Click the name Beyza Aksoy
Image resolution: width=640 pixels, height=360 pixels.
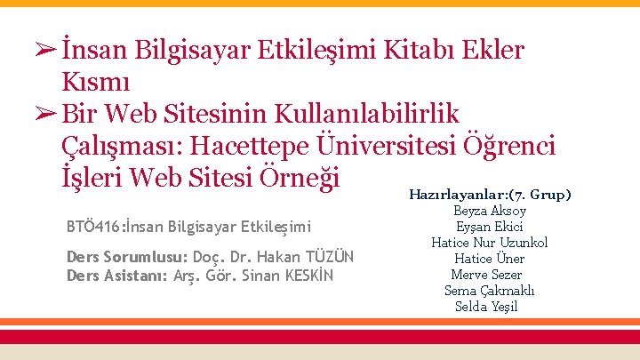point(490,211)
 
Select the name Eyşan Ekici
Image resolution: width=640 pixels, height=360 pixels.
point(490,227)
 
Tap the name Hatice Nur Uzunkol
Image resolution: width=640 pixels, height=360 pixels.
point(490,243)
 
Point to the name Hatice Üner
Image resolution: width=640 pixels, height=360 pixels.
point(490,259)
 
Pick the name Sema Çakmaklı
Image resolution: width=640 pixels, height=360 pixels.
point(491,291)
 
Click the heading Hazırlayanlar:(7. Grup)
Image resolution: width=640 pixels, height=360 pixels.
point(490,194)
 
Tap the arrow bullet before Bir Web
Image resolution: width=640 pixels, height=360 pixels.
point(46,114)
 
